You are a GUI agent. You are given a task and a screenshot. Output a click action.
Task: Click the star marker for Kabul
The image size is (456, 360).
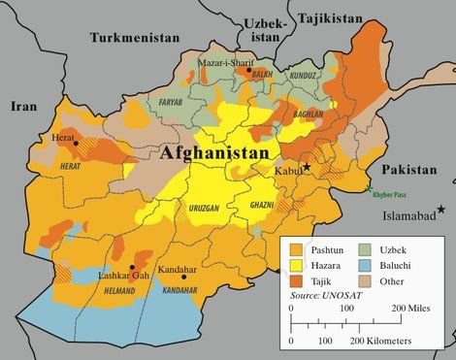click(307, 168)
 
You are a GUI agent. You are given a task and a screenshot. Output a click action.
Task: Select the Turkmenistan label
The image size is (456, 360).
click(136, 37)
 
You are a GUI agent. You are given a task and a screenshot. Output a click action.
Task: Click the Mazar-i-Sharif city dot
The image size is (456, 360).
click(249, 71)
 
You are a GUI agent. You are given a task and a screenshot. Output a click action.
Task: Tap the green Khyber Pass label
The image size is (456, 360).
click(390, 194)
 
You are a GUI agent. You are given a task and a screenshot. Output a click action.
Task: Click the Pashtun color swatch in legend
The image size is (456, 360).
click(298, 249)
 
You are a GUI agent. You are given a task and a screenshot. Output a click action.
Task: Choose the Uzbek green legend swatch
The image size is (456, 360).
click(370, 249)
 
